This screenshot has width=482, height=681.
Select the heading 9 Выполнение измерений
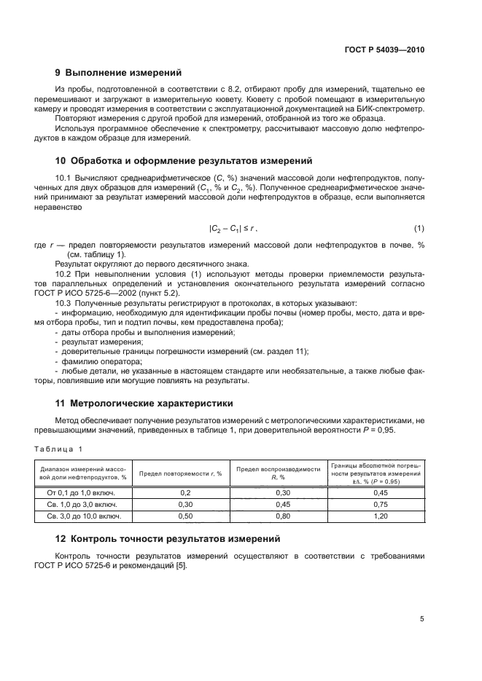click(x=120, y=73)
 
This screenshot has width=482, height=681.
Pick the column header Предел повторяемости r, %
click(x=180, y=473)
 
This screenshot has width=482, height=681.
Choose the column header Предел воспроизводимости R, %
click(x=279, y=473)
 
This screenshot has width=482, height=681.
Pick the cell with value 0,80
click(x=279, y=516)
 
